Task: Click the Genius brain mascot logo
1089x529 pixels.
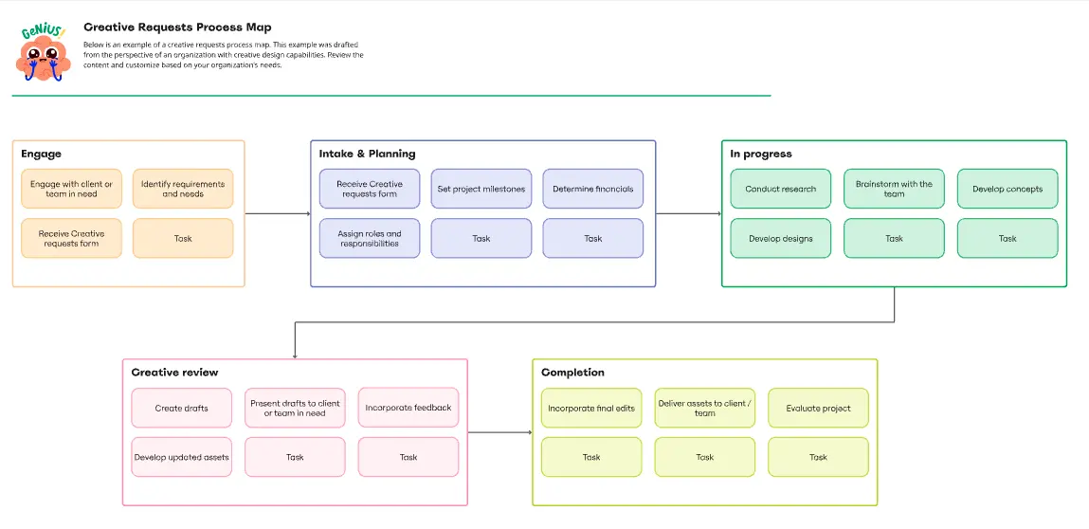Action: [x=43, y=53]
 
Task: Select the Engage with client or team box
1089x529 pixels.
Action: [x=72, y=189]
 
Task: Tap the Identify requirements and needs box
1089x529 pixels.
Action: [x=183, y=189]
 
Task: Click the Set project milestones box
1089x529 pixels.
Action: [x=481, y=189]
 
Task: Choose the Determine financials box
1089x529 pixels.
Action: [x=593, y=189]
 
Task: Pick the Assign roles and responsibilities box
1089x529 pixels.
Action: [x=370, y=238]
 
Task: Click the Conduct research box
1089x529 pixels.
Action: [x=781, y=189]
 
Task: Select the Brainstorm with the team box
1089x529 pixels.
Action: [x=894, y=189]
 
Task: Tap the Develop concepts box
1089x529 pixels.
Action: [x=1007, y=189]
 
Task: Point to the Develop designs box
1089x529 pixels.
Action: [x=781, y=238]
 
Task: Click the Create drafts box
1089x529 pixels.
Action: [x=181, y=408]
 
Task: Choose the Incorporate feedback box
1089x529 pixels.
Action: [x=408, y=408]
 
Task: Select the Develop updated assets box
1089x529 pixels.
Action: [x=181, y=457]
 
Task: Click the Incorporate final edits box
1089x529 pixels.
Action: [x=591, y=408]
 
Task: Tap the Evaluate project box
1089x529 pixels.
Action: [x=818, y=408]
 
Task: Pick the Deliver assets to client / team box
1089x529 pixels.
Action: [x=705, y=408]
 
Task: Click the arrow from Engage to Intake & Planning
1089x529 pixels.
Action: [x=278, y=213]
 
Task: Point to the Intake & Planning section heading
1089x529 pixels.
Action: [x=367, y=154]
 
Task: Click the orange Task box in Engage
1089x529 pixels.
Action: [x=183, y=238]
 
